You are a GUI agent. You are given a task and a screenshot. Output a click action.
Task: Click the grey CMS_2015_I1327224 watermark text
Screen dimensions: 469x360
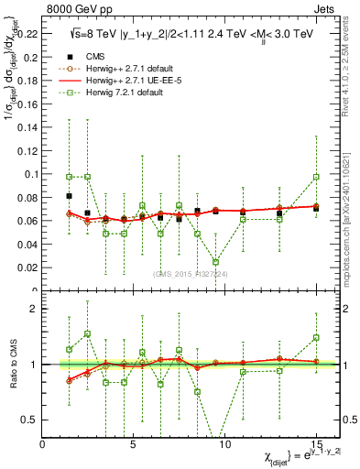pos(189,273)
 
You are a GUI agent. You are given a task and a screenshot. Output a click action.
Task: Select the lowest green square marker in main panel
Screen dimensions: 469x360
pos(215,262)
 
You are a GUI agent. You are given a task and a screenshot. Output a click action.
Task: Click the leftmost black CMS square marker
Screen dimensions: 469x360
pos(70,196)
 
